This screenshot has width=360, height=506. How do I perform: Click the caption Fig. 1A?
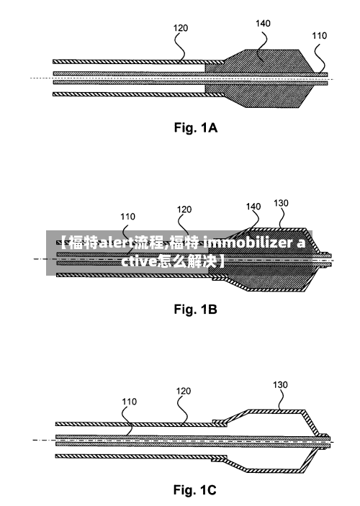196,128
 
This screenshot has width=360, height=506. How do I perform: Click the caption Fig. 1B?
196,310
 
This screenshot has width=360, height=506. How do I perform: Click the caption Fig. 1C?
195,490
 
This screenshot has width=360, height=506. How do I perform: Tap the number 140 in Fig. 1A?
263,24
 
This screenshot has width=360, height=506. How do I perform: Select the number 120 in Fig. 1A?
181,28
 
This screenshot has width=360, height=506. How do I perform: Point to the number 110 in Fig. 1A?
319,35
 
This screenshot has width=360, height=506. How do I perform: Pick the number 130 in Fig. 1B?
281,203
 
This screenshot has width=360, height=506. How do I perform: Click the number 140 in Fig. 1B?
253,206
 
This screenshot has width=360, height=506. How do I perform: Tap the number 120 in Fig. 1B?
184,209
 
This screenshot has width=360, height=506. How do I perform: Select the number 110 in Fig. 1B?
128,217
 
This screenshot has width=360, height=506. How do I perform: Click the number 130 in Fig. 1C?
280,384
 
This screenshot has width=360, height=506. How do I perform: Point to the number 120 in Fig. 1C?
184,391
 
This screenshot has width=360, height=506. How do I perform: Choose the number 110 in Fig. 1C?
129,402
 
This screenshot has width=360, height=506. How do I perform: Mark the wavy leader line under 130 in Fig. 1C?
282,399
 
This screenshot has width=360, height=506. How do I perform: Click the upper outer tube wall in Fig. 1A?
138,61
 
